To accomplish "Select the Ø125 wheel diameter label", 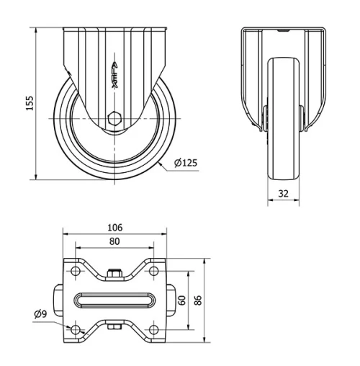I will [x=185, y=163].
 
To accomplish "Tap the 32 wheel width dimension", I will [x=282, y=193].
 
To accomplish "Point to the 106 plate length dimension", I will [x=114, y=227].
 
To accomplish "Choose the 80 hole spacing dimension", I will [x=114, y=242].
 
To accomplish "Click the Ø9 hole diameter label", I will [x=40, y=314].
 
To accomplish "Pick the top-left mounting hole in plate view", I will [x=76, y=271].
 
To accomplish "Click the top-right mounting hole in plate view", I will [x=154, y=271].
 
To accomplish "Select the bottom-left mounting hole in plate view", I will [x=76, y=329].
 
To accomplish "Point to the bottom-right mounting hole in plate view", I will [x=154, y=329].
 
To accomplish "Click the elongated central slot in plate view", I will [x=114, y=300].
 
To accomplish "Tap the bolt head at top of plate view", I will [x=114, y=273].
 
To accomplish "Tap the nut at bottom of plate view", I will [x=114, y=329].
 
